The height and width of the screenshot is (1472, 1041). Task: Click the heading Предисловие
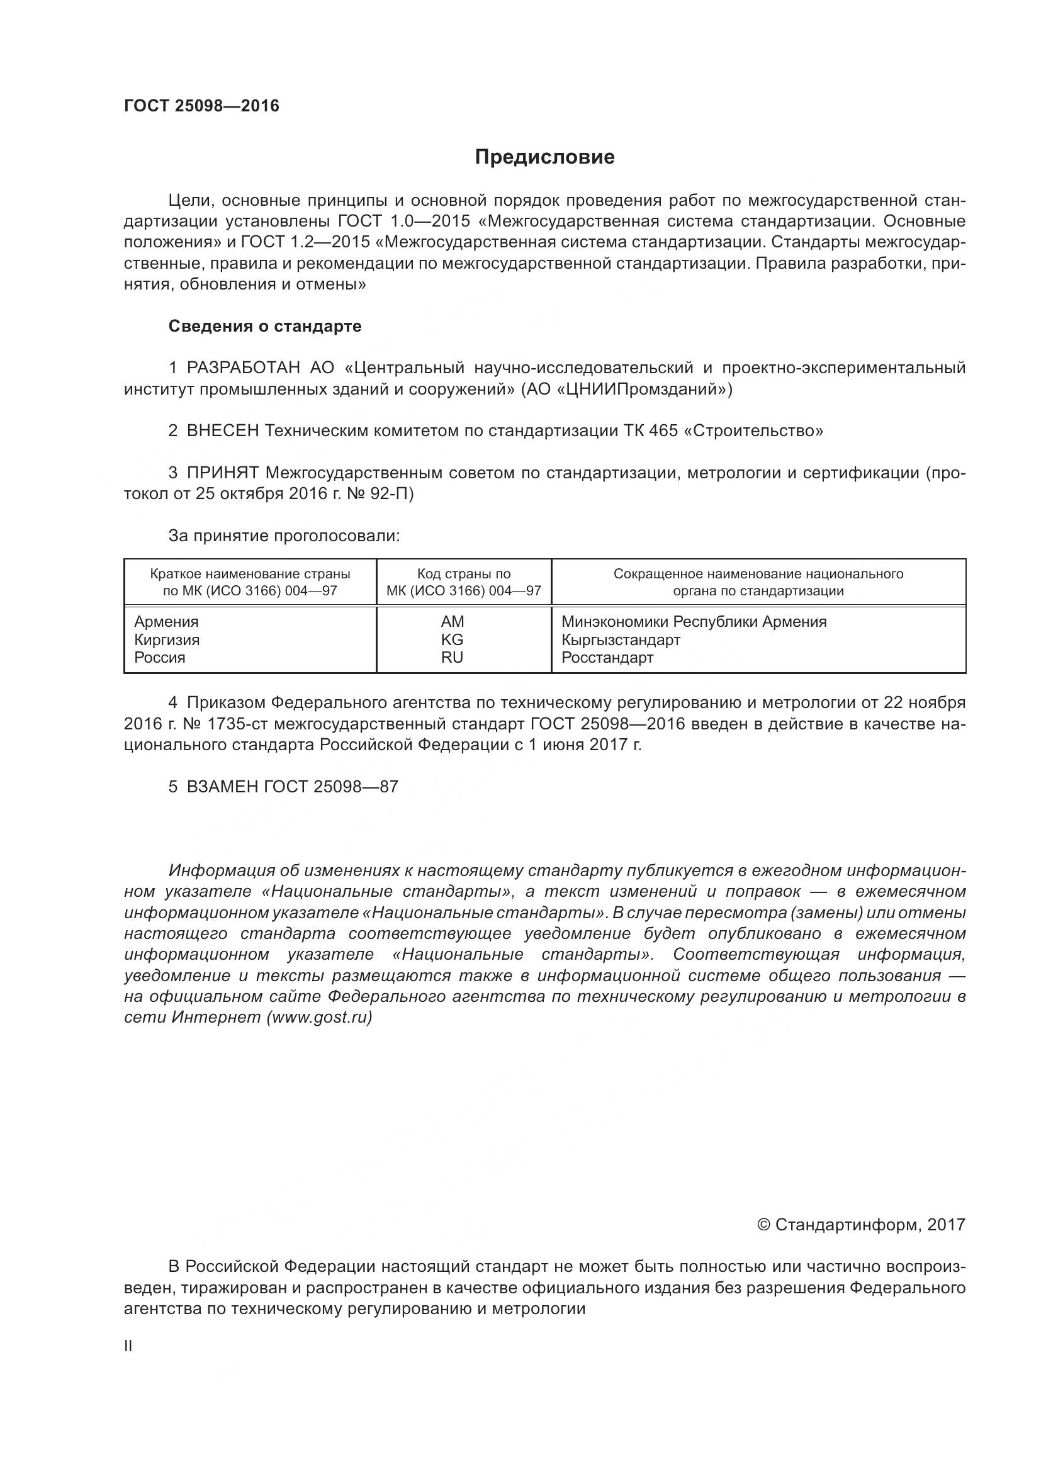(544, 157)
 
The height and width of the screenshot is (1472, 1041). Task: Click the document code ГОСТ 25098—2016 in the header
(201, 106)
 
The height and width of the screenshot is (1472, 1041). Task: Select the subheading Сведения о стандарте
(265, 327)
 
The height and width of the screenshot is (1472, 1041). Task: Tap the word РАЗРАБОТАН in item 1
(243, 368)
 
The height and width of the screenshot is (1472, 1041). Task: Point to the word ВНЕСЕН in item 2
(222, 431)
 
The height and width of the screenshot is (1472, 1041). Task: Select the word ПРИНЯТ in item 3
(222, 473)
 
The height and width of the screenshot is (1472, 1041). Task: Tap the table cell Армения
(166, 622)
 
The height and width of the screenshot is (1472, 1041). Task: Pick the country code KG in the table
(452, 640)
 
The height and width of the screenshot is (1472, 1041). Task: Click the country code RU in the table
(452, 658)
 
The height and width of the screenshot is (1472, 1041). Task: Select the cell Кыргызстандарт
(621, 640)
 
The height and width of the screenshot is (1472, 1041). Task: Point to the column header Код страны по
(463, 574)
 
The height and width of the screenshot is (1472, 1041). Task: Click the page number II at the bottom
(128, 1346)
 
